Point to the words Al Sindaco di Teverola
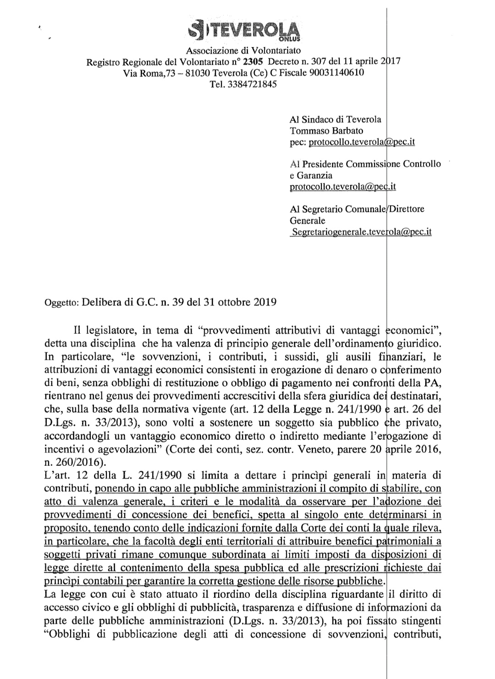335,119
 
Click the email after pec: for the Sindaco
362,142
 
